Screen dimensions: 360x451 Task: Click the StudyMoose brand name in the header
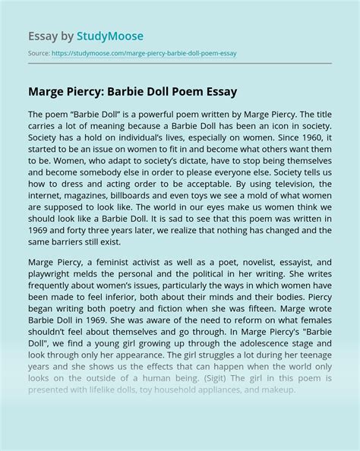coord(109,36)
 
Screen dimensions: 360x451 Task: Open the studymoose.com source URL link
coord(144,53)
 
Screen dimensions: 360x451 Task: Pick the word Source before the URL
coord(39,53)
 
